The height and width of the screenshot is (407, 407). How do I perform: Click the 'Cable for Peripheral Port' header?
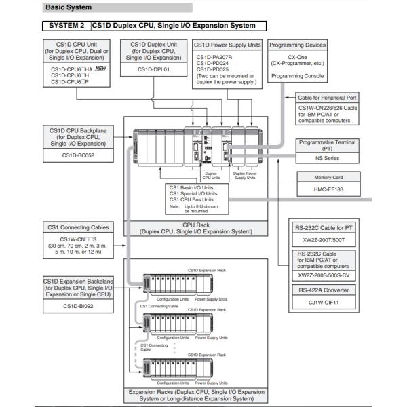coord(332,97)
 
